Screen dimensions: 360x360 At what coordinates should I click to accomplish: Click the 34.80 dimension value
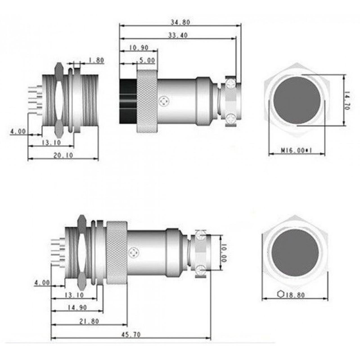(x=180, y=22)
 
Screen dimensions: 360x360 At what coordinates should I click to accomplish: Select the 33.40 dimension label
(x=178, y=35)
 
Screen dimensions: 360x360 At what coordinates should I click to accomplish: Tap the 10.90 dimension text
(x=139, y=48)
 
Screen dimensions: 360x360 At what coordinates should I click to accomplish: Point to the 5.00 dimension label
(x=147, y=60)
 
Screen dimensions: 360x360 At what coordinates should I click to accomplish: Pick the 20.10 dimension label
(x=63, y=155)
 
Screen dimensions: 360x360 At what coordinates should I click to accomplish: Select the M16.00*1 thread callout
(x=297, y=150)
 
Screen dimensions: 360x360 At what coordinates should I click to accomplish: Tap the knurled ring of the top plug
(x=147, y=102)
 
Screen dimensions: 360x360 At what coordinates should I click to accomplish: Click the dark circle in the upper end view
(x=297, y=100)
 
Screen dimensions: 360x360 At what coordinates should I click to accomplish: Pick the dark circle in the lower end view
(x=295, y=254)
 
